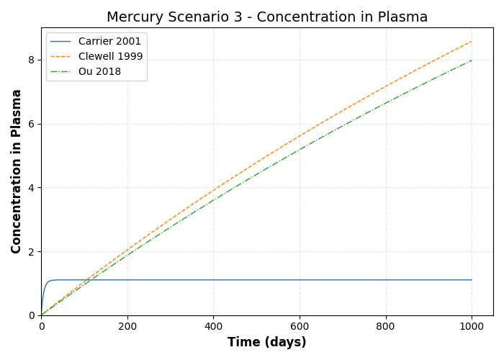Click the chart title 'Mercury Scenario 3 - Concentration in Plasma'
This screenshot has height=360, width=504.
pos(267,17)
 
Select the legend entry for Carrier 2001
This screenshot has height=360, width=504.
pos(109,42)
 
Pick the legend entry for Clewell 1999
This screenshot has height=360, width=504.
pos(110,57)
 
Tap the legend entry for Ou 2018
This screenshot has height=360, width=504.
pos(99,72)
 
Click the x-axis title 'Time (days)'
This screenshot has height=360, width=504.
pos(267,343)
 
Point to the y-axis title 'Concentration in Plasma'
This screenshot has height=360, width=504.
pos(17,171)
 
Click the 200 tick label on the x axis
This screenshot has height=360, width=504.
pos(127,326)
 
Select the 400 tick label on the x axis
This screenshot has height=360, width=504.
pos(213,326)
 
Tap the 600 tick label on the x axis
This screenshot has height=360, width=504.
pos(300,326)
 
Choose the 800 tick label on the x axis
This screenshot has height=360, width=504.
pos(386,326)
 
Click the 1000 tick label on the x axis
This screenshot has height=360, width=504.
pos(472,326)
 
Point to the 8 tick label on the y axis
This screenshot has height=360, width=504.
pos(32,60)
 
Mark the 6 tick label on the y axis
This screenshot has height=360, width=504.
pos(32,124)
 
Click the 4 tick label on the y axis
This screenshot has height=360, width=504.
pos(32,188)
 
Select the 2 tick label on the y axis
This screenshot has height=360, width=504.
pos(32,252)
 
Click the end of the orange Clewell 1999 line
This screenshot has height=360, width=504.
pos(472,41)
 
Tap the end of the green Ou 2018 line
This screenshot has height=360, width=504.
pos(472,60)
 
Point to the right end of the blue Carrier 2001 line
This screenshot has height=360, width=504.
pos(472,280)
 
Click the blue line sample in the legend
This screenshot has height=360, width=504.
pos(61,42)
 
